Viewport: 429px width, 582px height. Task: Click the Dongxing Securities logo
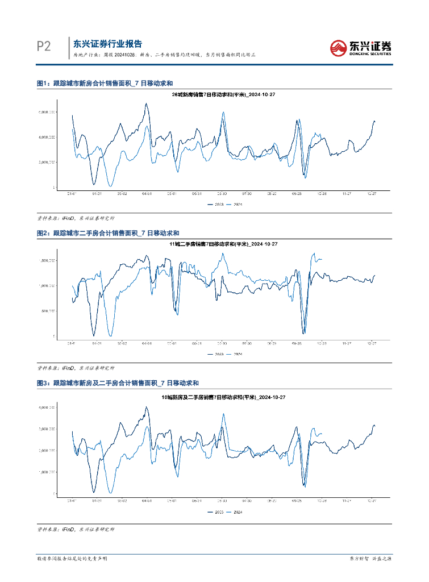tap(361, 47)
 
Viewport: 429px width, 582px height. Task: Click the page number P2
tap(44, 47)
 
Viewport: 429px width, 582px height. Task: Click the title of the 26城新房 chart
tap(215, 95)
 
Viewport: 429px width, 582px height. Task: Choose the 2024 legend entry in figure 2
tap(235, 354)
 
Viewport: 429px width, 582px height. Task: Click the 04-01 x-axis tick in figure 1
tap(147, 193)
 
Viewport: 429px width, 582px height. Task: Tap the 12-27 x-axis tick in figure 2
tap(372, 343)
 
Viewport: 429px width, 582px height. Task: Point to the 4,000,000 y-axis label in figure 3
tap(47, 408)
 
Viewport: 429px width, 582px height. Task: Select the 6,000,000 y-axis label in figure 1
tap(47, 113)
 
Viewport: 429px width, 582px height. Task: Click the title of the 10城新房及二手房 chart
tap(215, 397)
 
